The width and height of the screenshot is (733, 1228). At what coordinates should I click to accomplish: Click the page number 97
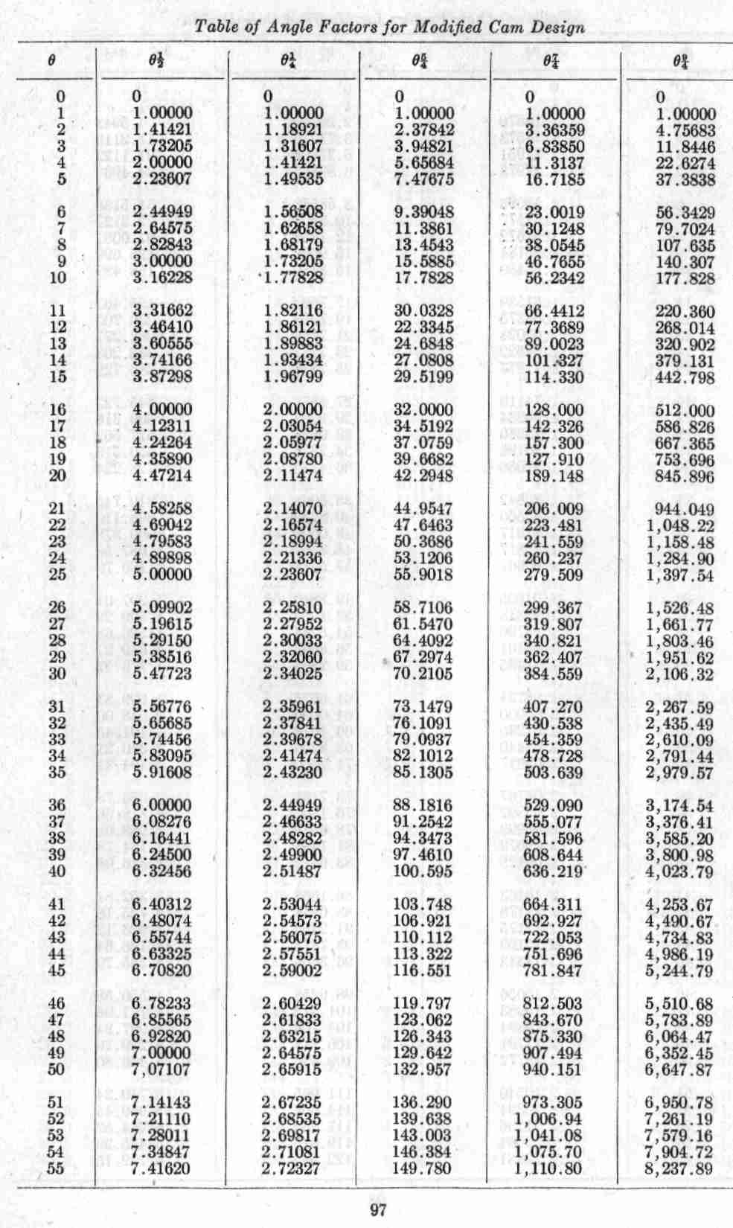click(378, 1210)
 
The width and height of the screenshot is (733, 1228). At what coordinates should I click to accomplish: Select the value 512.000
click(685, 411)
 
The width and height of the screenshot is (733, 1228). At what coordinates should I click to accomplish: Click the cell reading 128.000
click(554, 410)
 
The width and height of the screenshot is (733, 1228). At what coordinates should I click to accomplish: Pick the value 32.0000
click(423, 410)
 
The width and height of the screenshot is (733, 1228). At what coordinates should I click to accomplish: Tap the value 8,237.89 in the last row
click(679, 1168)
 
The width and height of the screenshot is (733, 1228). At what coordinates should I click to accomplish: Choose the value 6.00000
click(161, 805)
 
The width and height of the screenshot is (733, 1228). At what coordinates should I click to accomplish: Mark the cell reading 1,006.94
click(549, 1119)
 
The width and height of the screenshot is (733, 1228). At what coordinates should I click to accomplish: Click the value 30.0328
click(423, 311)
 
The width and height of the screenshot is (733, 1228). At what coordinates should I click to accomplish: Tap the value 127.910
click(554, 459)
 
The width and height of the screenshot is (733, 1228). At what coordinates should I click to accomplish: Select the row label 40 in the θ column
click(57, 871)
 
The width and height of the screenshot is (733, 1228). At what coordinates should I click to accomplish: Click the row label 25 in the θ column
click(57, 575)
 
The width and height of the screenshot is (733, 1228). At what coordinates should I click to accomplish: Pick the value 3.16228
click(161, 278)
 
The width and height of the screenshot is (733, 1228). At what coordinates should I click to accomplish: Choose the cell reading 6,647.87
click(679, 1069)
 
